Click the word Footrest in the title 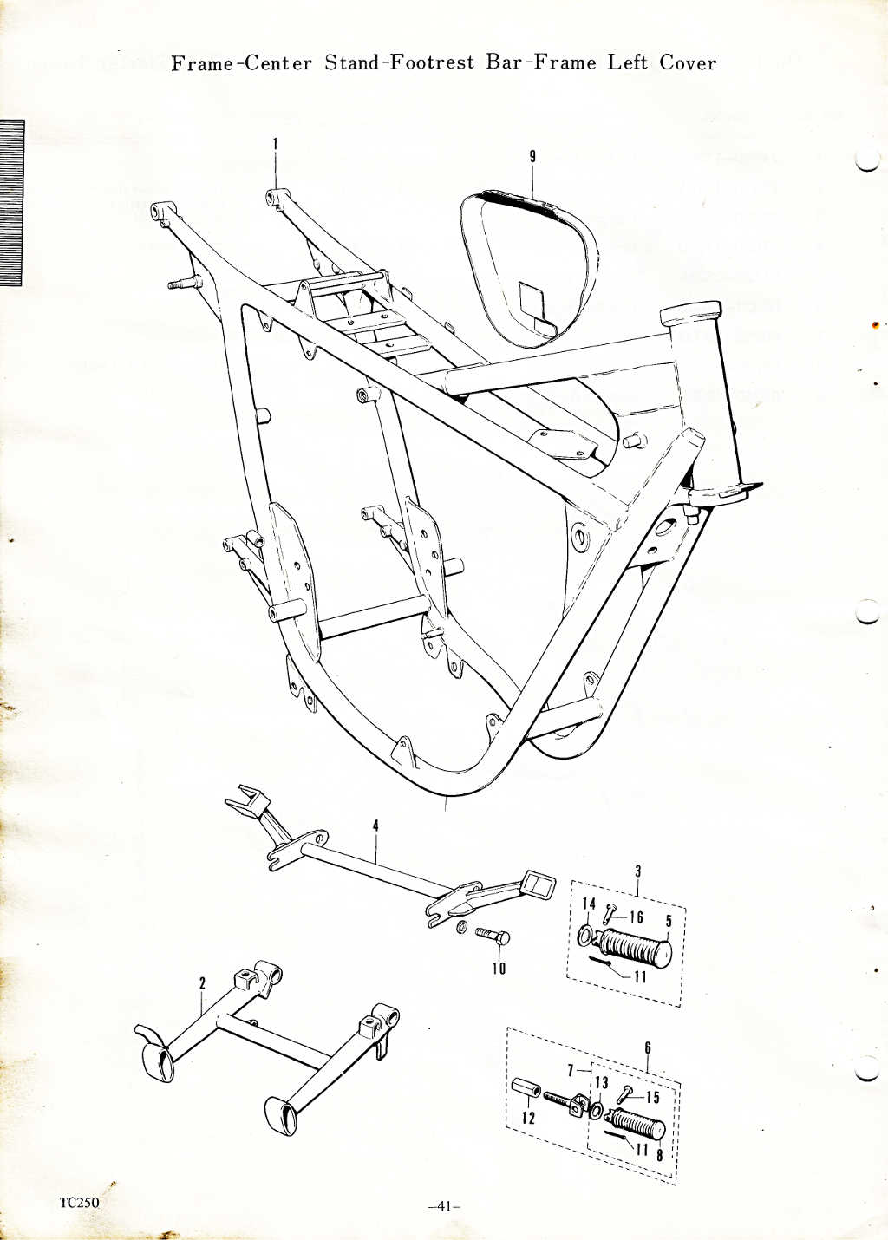click(x=432, y=63)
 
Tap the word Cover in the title click(x=688, y=63)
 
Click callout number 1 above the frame click(x=275, y=147)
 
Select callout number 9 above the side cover click(x=532, y=157)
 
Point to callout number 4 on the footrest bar click(x=375, y=826)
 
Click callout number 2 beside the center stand click(x=203, y=982)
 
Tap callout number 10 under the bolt click(x=499, y=968)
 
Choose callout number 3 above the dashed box click(x=637, y=871)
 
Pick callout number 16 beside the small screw click(x=637, y=917)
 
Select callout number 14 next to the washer click(x=589, y=904)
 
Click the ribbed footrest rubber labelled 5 click(x=635, y=945)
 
